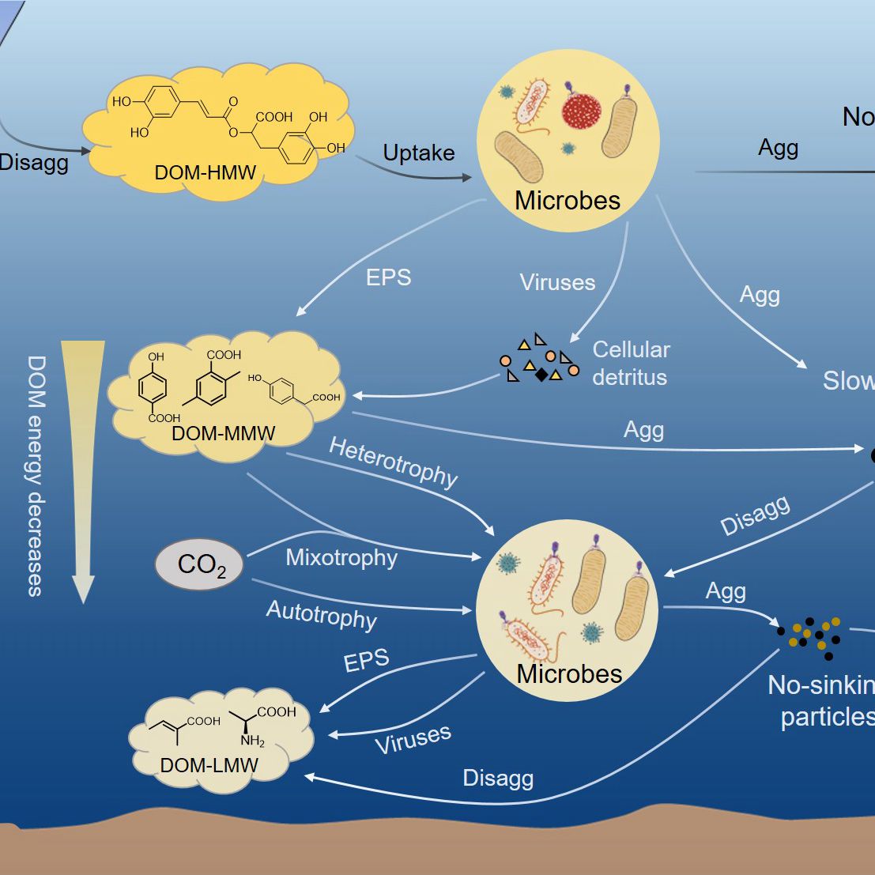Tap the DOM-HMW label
pyautogui.click(x=206, y=172)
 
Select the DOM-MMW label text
pyautogui.click(x=223, y=433)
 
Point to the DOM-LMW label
pyautogui.click(x=209, y=765)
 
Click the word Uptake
pyautogui.click(x=418, y=153)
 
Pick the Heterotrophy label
pyautogui.click(x=393, y=462)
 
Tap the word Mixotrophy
pyautogui.click(x=341, y=557)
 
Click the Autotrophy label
pyautogui.click(x=321, y=615)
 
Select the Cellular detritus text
pyautogui.click(x=630, y=363)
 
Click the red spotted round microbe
pyautogui.click(x=582, y=109)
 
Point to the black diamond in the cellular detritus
pyautogui.click(x=541, y=375)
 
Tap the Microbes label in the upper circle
pyautogui.click(x=568, y=201)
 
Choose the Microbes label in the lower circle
pyautogui.click(x=569, y=674)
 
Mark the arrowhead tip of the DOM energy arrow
pyautogui.click(x=83, y=602)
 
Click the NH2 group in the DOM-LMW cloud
pyautogui.click(x=253, y=741)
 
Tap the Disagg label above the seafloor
pyautogui.click(x=498, y=779)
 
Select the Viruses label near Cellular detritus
pyautogui.click(x=557, y=282)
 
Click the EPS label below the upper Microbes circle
pyautogui.click(x=388, y=277)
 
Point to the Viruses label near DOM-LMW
pyautogui.click(x=413, y=739)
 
